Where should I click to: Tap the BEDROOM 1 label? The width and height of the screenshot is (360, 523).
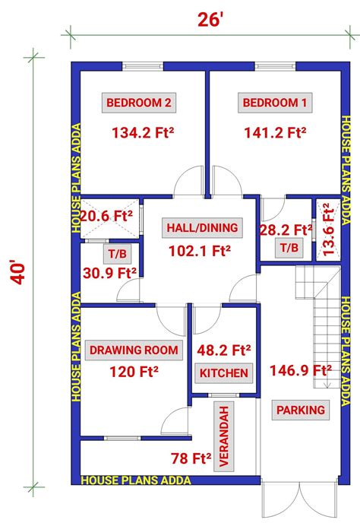coord(275,103)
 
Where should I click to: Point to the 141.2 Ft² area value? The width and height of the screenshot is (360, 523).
coord(275,133)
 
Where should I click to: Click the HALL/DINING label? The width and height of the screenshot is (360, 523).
coord(202,227)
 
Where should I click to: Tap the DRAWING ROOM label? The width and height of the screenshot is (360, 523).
coord(135,350)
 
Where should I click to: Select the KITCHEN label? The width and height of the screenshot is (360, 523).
coord(223,373)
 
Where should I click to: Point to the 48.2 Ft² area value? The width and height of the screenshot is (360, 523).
coord(224,350)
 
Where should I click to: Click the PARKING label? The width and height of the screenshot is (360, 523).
coord(301,410)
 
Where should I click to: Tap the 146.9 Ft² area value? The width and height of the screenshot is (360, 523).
coord(300,371)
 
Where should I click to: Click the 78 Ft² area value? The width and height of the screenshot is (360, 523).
coord(191,458)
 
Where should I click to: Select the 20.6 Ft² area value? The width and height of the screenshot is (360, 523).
coord(106,216)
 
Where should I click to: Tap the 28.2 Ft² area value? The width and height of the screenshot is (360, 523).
coord(286,229)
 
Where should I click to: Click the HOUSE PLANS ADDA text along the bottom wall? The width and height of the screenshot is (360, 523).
coord(135,480)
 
